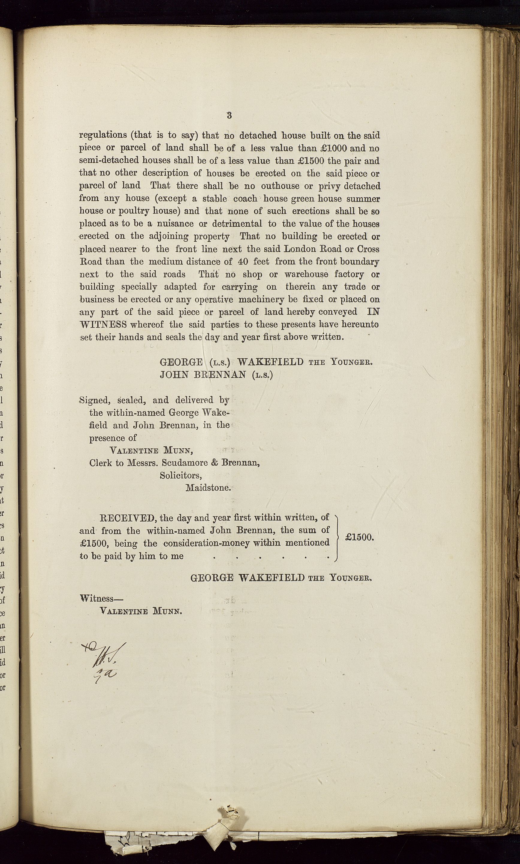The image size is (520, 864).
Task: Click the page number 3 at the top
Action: pos(229,115)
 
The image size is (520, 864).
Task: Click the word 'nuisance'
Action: pos(175,224)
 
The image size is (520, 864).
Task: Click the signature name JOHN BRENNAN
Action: pos(203,375)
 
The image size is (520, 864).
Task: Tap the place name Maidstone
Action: pos(208,488)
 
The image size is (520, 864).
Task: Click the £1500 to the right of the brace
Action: pos(359,537)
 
